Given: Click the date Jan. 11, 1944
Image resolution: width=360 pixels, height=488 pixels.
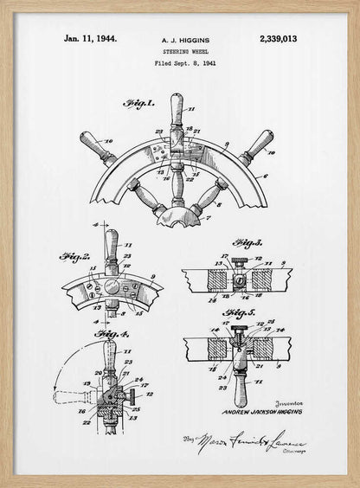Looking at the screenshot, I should click(x=90, y=38).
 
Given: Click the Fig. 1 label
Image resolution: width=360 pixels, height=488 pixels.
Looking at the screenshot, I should click(x=138, y=104).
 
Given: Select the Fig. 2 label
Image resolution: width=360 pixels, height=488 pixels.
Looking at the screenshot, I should click(x=75, y=256).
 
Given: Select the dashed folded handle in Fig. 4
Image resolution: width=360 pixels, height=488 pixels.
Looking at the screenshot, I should click(x=74, y=397).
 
